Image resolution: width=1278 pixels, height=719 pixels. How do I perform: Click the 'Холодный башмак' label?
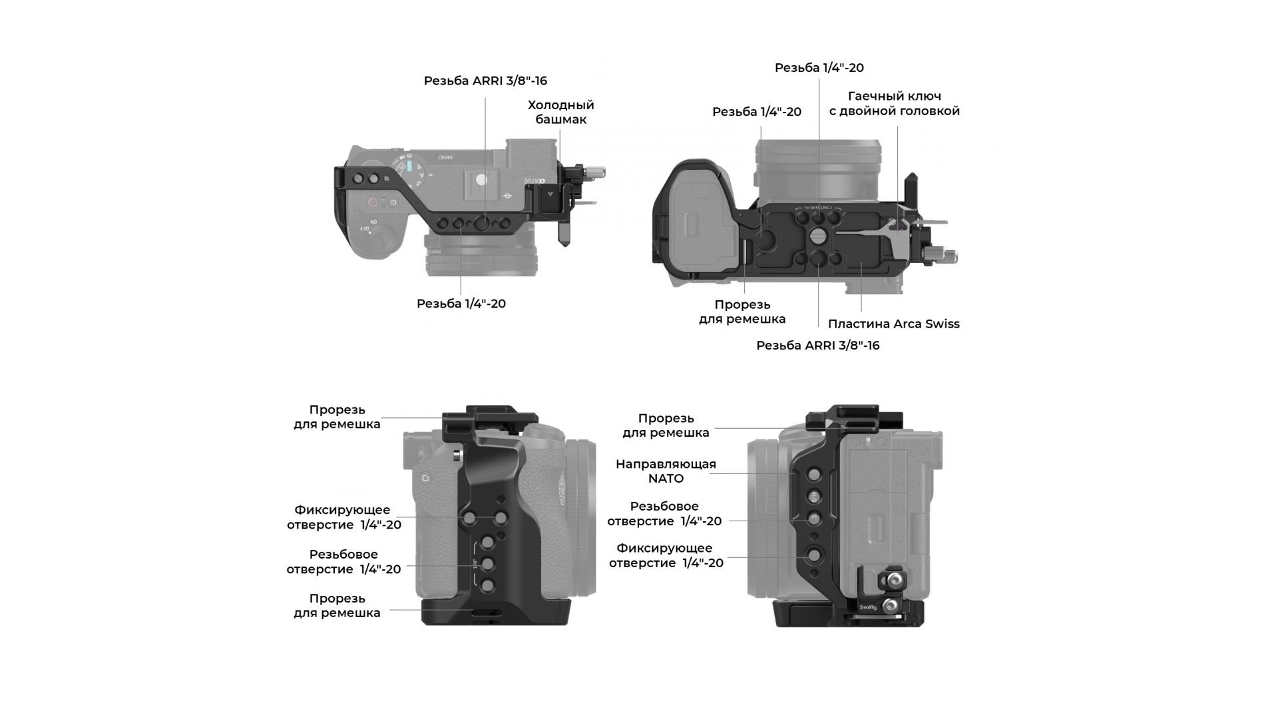coord(560,112)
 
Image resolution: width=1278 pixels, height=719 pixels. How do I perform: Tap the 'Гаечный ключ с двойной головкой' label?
coord(894,103)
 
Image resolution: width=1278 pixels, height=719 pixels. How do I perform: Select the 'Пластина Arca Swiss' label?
coord(893,324)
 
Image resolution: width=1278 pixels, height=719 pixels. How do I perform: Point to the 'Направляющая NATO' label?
coord(666,471)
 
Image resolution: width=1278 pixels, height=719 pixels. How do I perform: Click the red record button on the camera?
coord(373,202)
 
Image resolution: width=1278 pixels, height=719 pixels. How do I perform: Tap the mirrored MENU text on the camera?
coord(445,157)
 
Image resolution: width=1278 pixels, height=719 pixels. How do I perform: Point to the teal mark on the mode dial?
coord(411,165)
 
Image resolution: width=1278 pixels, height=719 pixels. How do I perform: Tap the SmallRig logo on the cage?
coord(868,606)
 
